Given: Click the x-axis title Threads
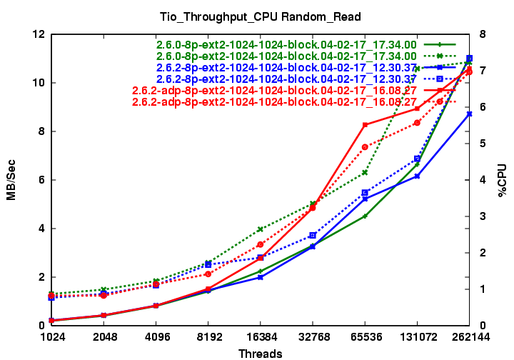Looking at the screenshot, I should click(x=261, y=353).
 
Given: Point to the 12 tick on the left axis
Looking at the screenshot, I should click(x=39, y=34).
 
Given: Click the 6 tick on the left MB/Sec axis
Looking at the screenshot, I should click(x=42, y=180).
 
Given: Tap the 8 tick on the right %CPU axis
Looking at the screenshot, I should click(x=483, y=34).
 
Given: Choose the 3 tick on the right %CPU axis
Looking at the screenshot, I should click(x=483, y=216).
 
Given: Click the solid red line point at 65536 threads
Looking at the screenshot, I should click(x=365, y=125).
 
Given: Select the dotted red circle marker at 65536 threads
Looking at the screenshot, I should click(x=365, y=147).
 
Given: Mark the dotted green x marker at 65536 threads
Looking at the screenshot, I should click(x=365, y=172).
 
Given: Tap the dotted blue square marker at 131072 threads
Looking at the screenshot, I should click(x=417, y=159).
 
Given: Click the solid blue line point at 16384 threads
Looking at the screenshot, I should click(x=261, y=277).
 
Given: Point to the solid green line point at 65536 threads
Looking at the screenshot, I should click(x=365, y=216).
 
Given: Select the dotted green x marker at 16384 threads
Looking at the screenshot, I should click(x=261, y=229).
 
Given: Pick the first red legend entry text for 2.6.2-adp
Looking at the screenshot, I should click(x=275, y=91).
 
